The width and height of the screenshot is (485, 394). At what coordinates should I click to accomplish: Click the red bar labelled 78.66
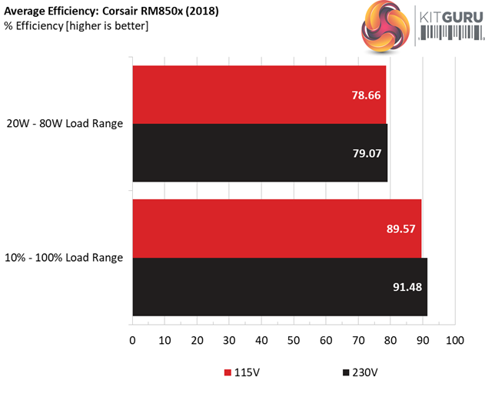click(259, 95)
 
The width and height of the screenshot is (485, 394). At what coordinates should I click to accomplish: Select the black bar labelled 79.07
click(260, 153)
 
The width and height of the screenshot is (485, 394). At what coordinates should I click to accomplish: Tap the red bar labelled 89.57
click(277, 229)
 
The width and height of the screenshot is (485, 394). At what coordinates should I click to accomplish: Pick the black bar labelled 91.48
click(280, 287)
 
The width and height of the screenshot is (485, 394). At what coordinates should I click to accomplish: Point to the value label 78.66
click(366, 95)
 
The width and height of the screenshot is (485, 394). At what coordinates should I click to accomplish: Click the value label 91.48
click(407, 288)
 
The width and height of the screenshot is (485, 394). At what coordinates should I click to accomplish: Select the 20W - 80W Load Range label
click(65, 124)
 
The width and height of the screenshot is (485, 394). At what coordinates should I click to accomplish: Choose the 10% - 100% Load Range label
click(65, 258)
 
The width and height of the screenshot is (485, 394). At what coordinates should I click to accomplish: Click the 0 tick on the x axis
click(132, 340)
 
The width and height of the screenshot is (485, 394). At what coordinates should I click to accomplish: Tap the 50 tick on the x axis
click(294, 340)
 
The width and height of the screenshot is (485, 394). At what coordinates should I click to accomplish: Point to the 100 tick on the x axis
click(455, 340)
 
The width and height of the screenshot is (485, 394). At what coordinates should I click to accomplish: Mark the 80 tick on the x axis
click(390, 340)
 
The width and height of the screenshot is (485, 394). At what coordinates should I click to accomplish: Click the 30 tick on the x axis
click(229, 340)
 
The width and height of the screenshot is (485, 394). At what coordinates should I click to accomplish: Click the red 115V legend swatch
click(228, 373)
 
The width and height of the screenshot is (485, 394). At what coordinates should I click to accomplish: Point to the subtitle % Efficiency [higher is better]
click(76, 26)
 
